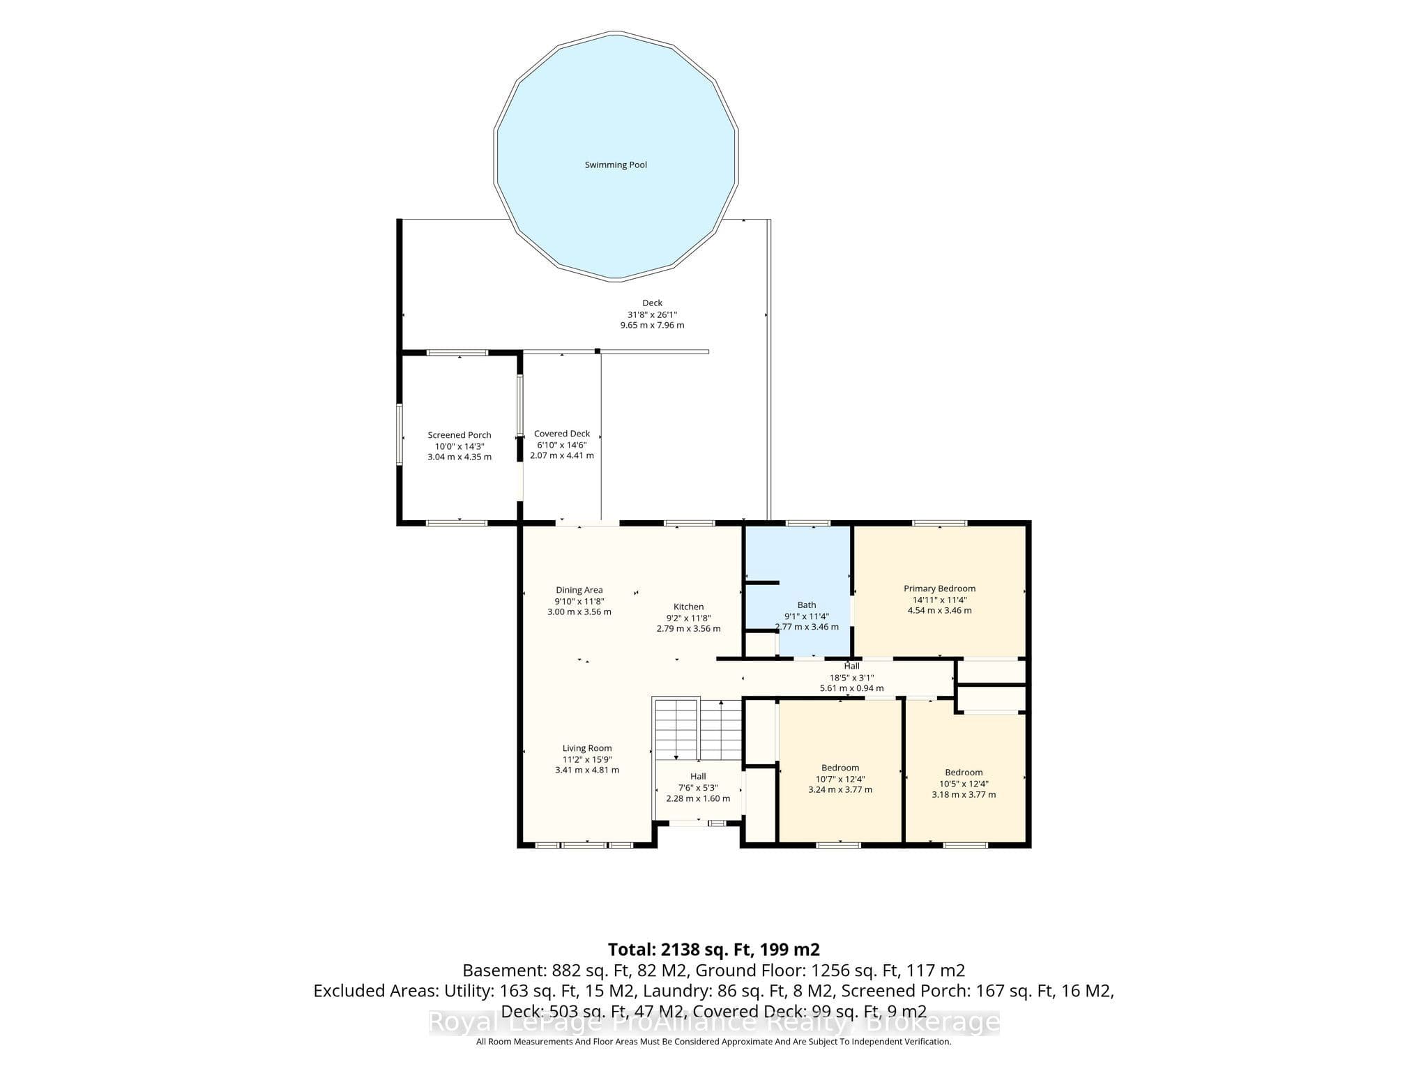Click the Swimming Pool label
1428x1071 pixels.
(x=616, y=165)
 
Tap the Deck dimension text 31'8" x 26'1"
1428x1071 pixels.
(x=652, y=314)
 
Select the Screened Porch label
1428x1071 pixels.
(x=459, y=435)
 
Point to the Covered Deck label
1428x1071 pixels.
(x=562, y=434)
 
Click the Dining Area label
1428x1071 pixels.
(x=579, y=590)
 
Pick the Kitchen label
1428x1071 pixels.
(x=688, y=607)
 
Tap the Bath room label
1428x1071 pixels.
(x=807, y=605)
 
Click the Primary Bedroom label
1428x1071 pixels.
(x=939, y=588)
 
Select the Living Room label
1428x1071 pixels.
(x=587, y=748)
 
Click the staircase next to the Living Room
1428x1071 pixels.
(x=698, y=729)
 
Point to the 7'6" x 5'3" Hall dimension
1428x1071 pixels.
(x=698, y=787)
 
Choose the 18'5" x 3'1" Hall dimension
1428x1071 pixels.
(x=851, y=677)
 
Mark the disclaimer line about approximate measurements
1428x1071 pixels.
(x=713, y=1042)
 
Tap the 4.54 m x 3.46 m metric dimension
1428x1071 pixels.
(x=939, y=610)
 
